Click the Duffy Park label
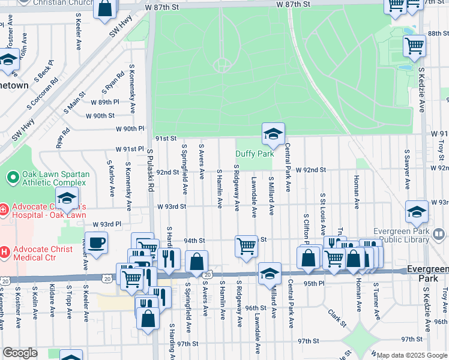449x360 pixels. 255,154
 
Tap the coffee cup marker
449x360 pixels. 97,244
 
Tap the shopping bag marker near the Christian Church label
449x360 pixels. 105,10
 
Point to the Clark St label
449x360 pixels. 337,317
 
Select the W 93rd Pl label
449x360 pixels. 106,224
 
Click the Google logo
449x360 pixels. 21,353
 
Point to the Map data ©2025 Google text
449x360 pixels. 412,355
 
